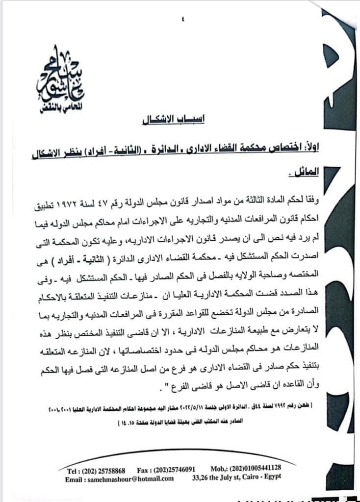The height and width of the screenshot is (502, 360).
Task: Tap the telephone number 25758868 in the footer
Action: [111, 469]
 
